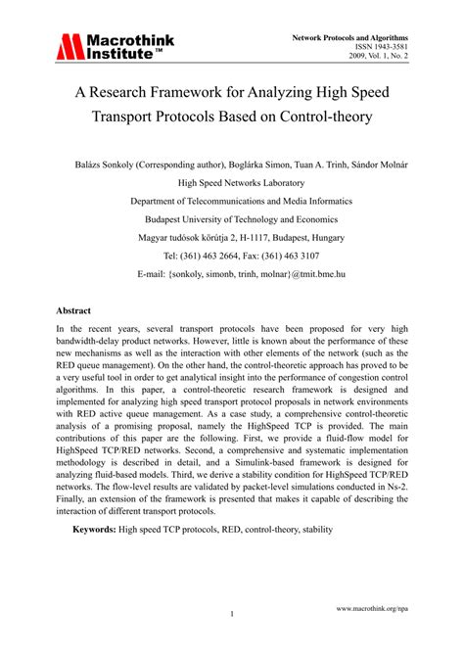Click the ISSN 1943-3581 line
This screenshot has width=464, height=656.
pyautogui.click(x=384, y=47)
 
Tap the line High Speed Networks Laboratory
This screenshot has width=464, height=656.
pyautogui.click(x=232, y=182)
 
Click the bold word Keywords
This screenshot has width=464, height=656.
pyautogui.click(x=95, y=530)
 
